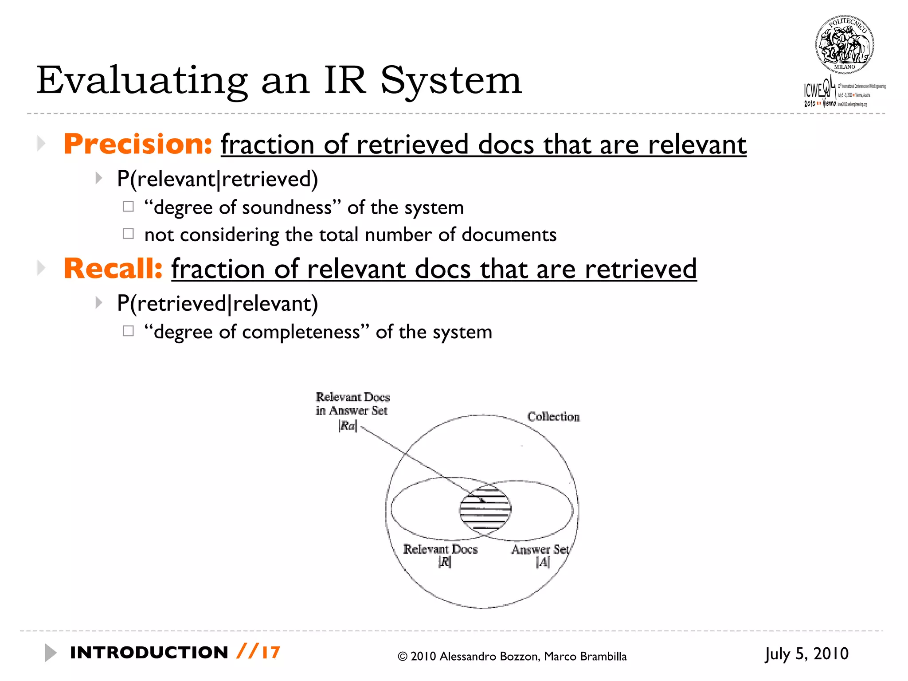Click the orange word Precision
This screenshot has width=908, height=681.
[137, 144]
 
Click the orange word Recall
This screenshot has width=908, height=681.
[113, 269]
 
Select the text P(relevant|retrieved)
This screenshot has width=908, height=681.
[217, 179]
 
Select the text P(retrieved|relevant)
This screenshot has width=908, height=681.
[217, 304]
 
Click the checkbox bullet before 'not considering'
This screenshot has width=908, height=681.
[128, 234]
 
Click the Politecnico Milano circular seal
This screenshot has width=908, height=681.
[844, 45]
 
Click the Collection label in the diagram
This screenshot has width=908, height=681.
[553, 417]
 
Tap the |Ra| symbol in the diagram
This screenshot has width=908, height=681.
[348, 426]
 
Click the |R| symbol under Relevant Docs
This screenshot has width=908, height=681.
[444, 562]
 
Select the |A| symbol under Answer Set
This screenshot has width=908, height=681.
[543, 562]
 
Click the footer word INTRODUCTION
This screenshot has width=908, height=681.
[149, 653]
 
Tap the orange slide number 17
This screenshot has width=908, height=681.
[271, 653]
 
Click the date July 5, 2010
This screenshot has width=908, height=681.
[806, 654]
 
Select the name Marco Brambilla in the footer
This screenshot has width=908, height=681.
[585, 657]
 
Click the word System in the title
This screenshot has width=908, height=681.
[451, 81]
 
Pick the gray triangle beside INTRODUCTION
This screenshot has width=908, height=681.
[51, 653]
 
